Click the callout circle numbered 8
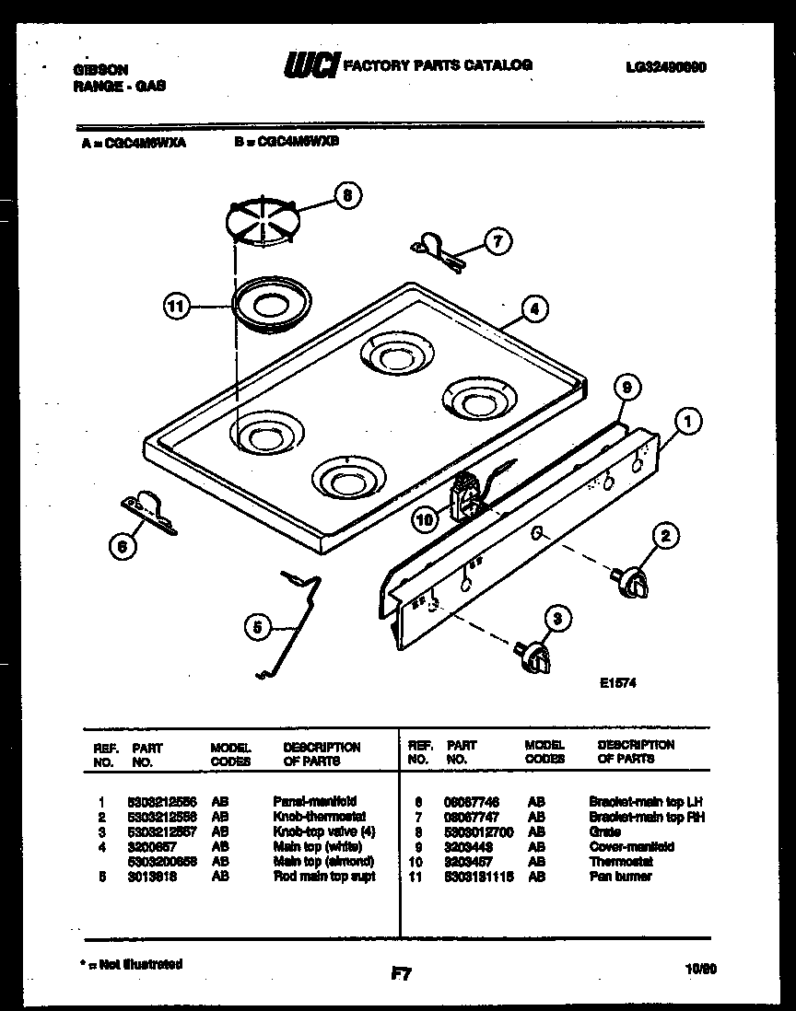pyautogui.click(x=347, y=195)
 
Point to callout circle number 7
pyautogui.click(x=497, y=242)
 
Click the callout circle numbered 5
pyautogui.click(x=259, y=628)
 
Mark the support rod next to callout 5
pyautogui.click(x=293, y=626)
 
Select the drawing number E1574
pyautogui.click(x=617, y=683)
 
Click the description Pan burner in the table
pyautogui.click(x=620, y=876)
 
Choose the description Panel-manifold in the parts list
pyautogui.click(x=314, y=801)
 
